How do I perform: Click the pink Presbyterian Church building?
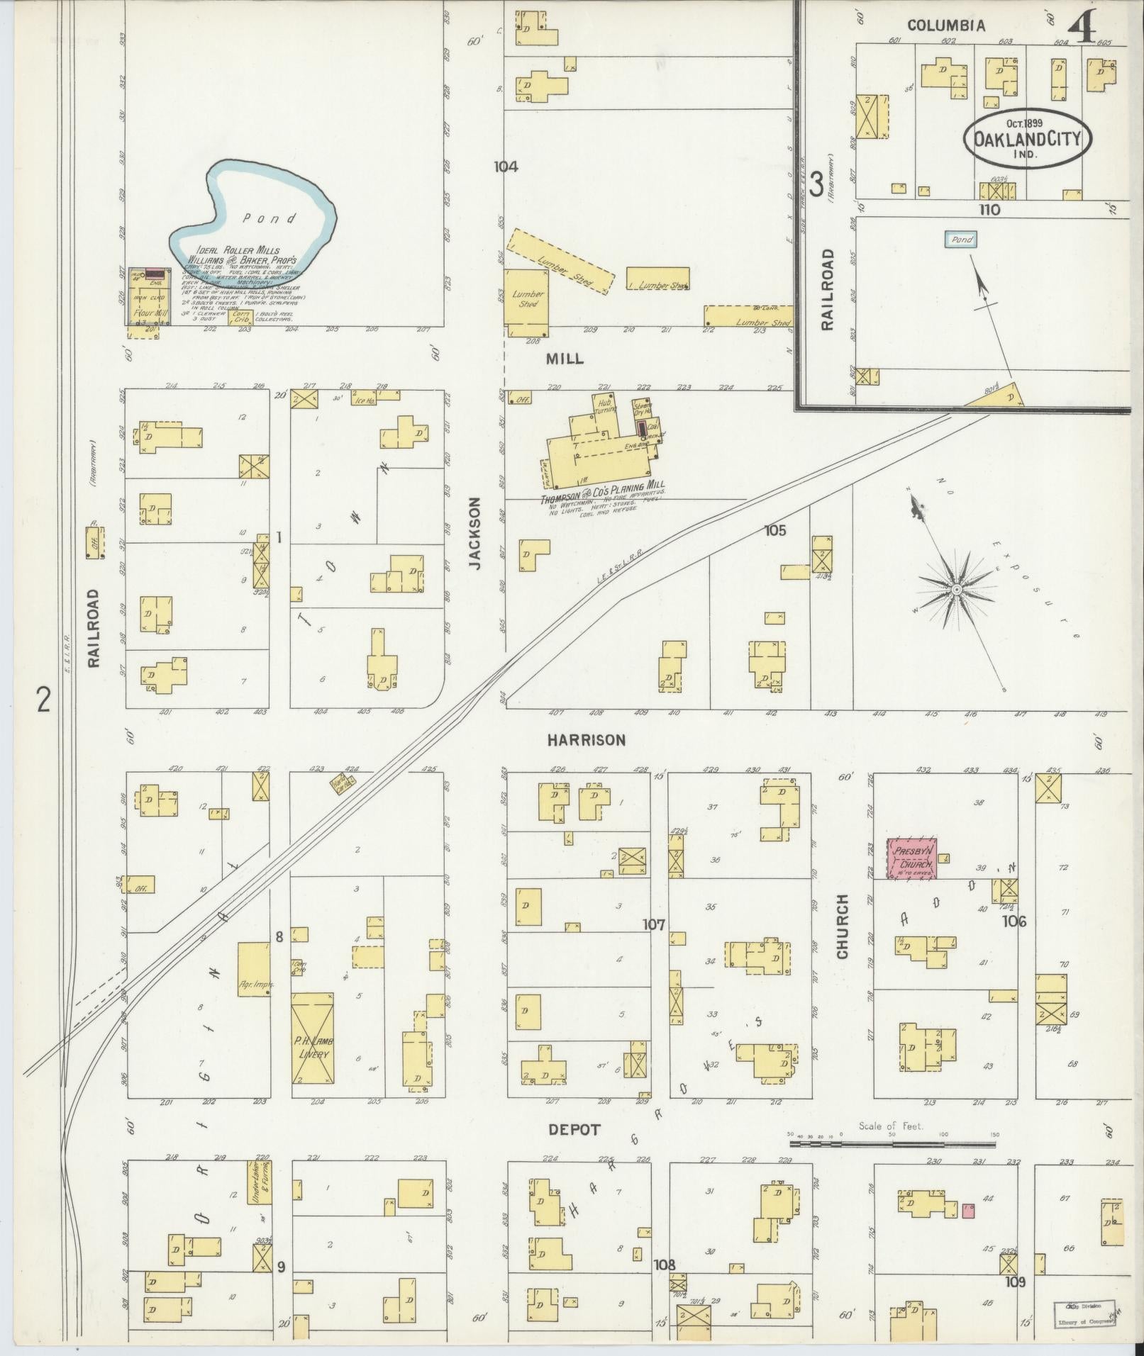coord(912,858)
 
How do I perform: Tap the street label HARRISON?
coord(586,740)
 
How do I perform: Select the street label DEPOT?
coord(574,1130)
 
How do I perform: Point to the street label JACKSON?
coord(474,533)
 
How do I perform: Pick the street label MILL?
coord(565,359)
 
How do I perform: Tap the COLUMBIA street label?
coord(946,26)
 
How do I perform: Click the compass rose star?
coord(955,589)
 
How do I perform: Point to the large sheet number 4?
coord(1082,28)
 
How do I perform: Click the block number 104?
coord(506,167)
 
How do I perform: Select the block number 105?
coord(774,529)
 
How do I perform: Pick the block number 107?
coord(654,924)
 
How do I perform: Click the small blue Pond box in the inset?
coord(961,240)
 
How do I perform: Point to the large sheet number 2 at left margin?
coord(44,701)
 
